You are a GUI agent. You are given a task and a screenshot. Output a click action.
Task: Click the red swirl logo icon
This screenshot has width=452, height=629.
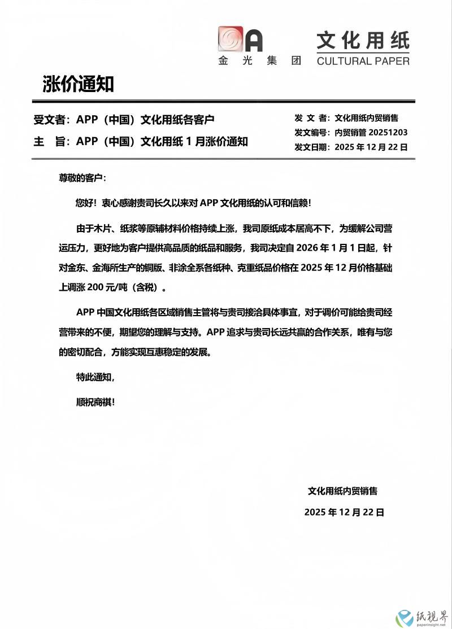click(x=230, y=40)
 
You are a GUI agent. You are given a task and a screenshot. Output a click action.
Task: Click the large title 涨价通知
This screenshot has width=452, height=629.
click(x=78, y=84)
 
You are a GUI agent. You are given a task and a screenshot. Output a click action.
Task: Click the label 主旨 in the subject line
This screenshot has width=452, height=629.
click(x=50, y=142)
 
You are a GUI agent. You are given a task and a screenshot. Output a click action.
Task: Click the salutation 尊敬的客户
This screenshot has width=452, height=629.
click(x=82, y=178)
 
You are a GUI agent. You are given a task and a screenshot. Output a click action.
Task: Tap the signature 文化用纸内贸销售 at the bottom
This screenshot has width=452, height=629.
click(x=342, y=491)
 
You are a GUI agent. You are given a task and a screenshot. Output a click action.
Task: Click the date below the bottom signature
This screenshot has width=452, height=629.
click(x=344, y=512)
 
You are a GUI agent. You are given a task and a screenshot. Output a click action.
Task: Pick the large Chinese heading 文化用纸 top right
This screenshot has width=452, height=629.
click(x=362, y=41)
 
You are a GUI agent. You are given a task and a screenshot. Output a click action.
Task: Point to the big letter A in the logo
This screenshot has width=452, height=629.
click(x=253, y=40)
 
